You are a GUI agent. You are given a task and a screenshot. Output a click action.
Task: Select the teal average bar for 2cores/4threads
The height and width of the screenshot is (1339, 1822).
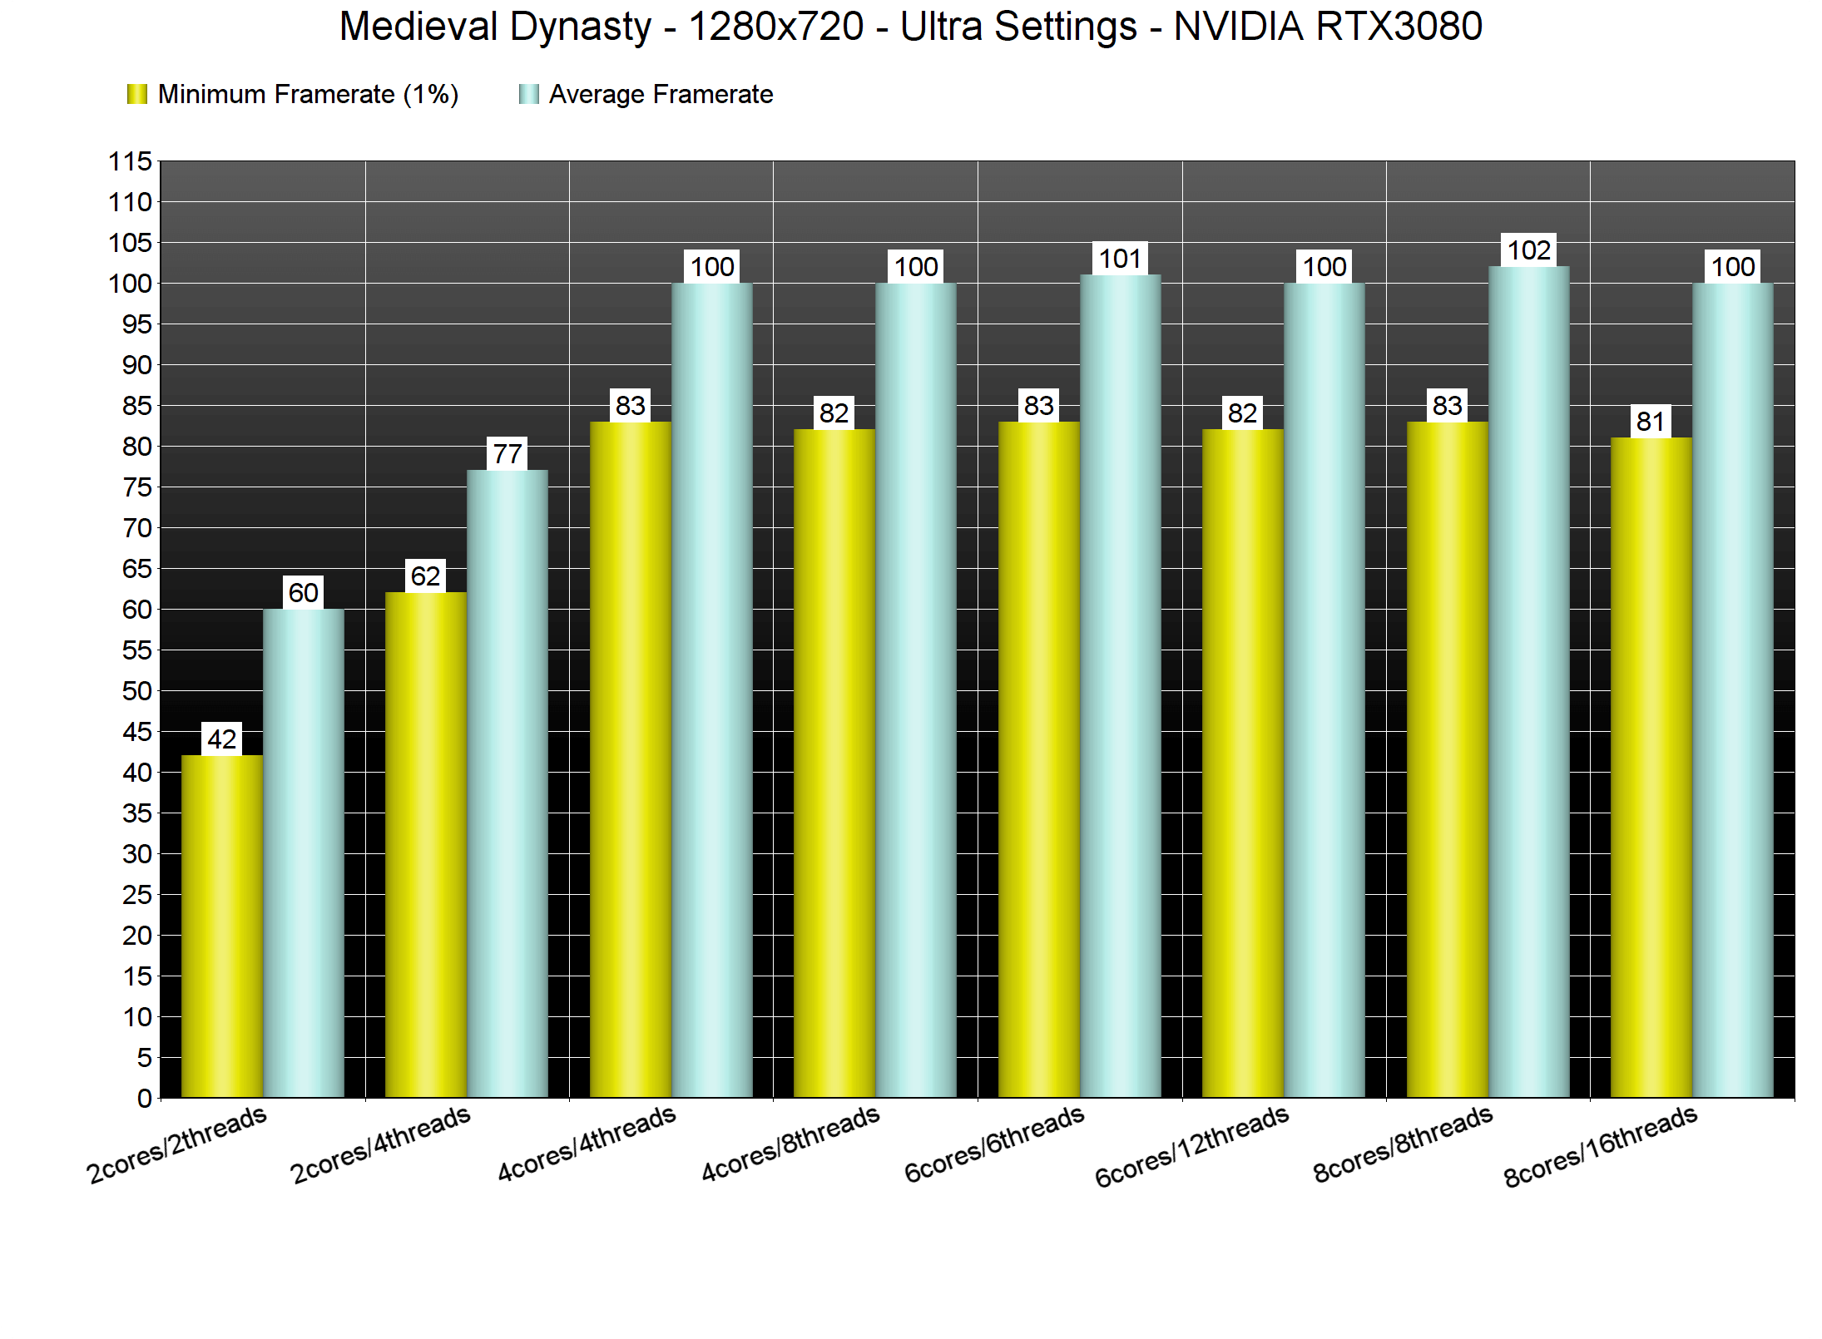(x=507, y=783)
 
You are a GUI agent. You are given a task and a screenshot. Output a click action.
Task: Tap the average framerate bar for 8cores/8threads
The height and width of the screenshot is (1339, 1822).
(x=1529, y=682)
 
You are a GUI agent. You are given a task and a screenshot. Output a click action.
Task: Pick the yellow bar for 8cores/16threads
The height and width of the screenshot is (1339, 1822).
(x=1651, y=767)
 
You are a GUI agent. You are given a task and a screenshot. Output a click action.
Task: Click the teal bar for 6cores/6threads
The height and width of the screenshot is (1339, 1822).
(x=1121, y=686)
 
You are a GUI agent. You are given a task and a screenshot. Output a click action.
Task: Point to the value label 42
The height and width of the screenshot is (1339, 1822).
(x=222, y=739)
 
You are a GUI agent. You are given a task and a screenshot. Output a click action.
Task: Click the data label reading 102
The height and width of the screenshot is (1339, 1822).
(x=1529, y=250)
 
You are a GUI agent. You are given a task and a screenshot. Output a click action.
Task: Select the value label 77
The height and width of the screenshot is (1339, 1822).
(x=507, y=454)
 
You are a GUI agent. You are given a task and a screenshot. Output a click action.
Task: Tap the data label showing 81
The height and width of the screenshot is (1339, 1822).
(x=1651, y=422)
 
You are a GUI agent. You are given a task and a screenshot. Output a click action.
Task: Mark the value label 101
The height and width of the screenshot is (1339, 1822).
(x=1120, y=259)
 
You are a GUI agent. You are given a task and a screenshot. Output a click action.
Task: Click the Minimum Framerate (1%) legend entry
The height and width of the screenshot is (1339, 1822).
(x=292, y=95)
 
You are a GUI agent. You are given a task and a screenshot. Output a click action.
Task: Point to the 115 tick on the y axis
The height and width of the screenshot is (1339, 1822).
(x=131, y=161)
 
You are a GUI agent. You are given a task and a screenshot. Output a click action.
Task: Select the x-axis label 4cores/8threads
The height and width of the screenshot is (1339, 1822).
(x=790, y=1144)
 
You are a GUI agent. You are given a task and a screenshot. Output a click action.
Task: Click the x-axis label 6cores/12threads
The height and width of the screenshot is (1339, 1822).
(x=1191, y=1146)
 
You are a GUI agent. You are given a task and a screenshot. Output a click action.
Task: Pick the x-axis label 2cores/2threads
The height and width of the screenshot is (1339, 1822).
(x=176, y=1144)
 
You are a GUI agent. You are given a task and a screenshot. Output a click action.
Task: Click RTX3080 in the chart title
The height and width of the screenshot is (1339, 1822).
(x=1399, y=27)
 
